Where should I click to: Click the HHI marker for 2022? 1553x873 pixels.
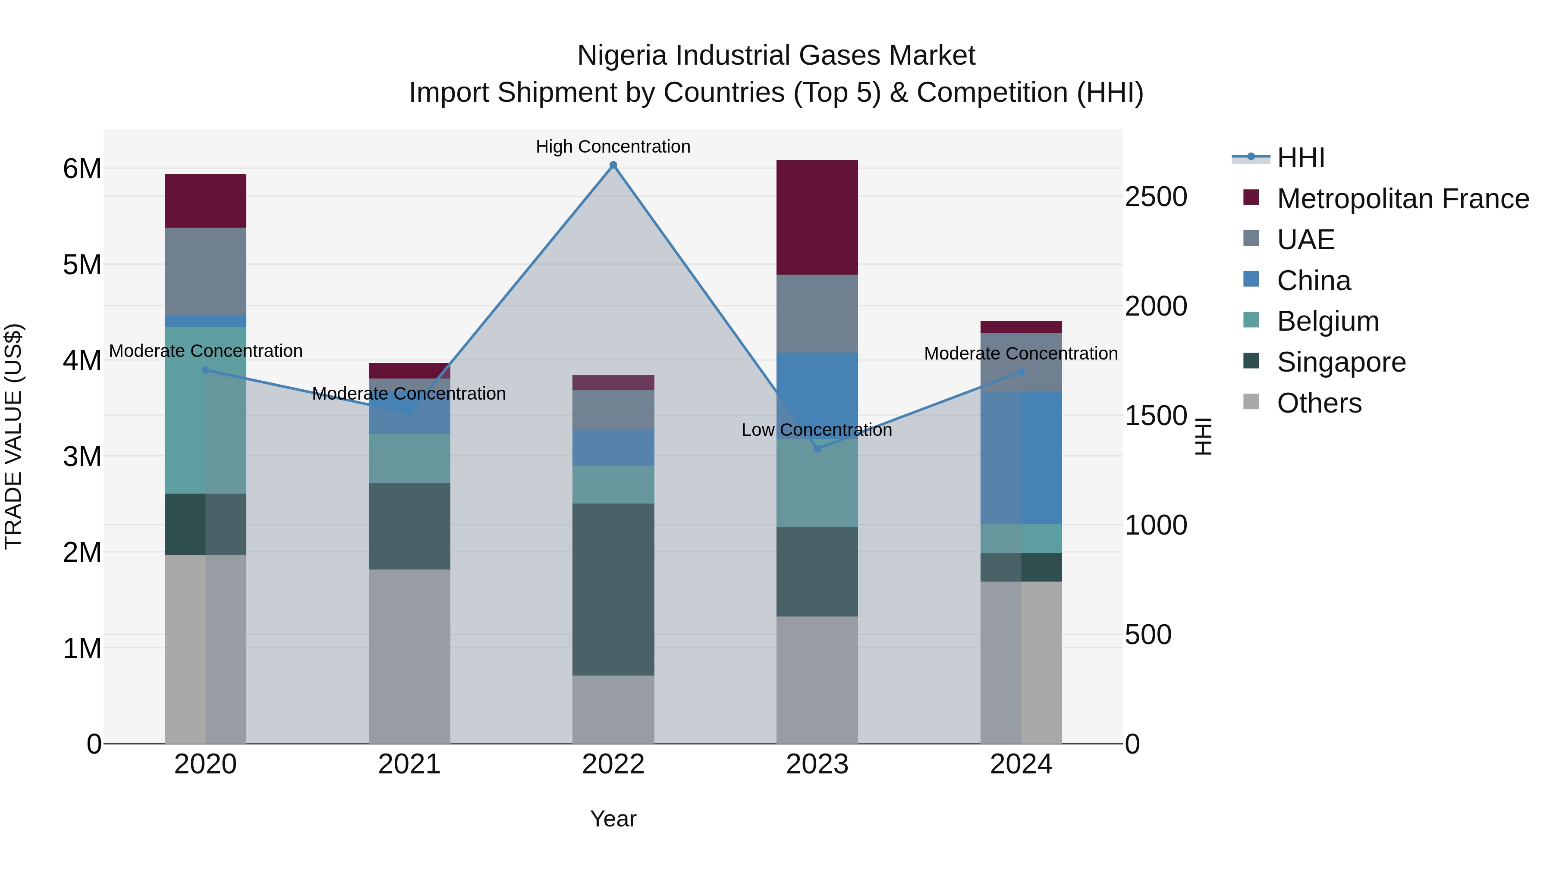(x=613, y=165)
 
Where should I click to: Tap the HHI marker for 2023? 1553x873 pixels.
(x=817, y=448)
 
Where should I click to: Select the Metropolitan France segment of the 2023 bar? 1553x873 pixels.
(x=817, y=218)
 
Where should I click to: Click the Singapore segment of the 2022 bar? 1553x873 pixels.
(x=613, y=589)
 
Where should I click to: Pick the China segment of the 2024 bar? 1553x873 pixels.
(x=1021, y=458)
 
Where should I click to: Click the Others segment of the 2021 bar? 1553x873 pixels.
(x=409, y=656)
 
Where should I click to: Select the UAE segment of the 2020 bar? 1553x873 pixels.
(x=205, y=271)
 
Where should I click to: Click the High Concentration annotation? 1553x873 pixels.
(x=613, y=147)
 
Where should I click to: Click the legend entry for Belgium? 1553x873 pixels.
(x=1327, y=321)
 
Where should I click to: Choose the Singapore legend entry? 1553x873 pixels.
(x=1341, y=362)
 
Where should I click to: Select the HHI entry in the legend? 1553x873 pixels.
(x=1300, y=158)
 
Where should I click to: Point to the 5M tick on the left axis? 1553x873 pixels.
(x=82, y=265)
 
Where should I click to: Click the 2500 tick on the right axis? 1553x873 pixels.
(x=1156, y=197)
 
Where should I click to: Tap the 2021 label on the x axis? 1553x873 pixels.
(x=409, y=764)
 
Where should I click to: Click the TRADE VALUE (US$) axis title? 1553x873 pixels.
(x=13, y=436)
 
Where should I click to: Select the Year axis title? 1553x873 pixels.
(x=613, y=819)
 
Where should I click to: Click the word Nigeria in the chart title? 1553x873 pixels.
(x=622, y=56)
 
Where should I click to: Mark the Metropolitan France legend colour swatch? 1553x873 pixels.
(x=1251, y=197)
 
